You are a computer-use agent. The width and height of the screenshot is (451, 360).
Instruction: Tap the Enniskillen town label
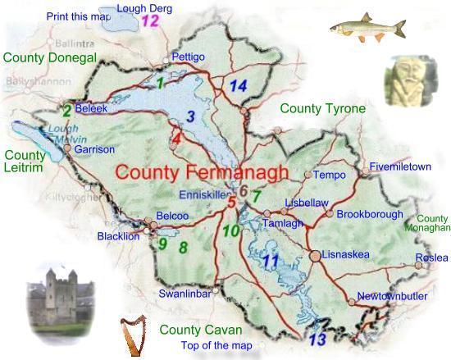[x=201, y=195]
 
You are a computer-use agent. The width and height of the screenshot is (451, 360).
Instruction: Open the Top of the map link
[x=216, y=345]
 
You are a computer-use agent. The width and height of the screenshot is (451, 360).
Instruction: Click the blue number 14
[x=239, y=86]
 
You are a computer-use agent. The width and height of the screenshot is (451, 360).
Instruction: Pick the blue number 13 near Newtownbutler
[x=318, y=338]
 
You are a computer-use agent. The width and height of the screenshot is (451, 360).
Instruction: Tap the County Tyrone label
[x=322, y=108]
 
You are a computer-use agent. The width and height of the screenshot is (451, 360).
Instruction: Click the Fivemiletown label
[x=399, y=166]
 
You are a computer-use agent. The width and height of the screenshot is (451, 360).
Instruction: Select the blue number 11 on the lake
[x=271, y=263]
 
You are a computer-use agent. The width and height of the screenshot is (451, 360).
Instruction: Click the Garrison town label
[x=94, y=150]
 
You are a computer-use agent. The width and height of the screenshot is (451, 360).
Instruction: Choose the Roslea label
[x=431, y=257]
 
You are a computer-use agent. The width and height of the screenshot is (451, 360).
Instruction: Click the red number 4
[x=176, y=139]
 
